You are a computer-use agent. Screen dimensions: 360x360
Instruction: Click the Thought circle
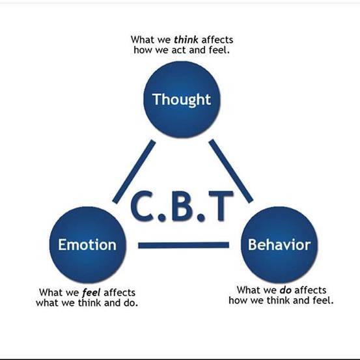(x=182, y=100)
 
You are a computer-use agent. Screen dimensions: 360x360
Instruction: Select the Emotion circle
(x=88, y=245)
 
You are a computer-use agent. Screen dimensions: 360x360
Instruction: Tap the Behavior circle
(x=279, y=245)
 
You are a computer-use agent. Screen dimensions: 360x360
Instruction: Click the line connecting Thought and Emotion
(x=134, y=171)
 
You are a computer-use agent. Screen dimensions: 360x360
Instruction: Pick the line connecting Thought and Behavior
(x=231, y=171)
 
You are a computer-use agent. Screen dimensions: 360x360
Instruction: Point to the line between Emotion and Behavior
(x=184, y=245)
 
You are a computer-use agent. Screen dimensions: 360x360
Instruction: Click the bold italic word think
(x=186, y=40)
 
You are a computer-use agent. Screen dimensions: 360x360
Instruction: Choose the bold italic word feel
(x=91, y=292)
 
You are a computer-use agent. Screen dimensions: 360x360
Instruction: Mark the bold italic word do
(x=286, y=290)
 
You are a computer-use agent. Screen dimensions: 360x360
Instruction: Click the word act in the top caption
(x=179, y=50)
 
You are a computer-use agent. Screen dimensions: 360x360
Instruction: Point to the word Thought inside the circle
(x=182, y=100)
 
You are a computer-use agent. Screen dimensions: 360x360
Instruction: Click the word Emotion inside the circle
(x=87, y=245)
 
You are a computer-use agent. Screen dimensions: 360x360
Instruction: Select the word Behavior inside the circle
(x=279, y=245)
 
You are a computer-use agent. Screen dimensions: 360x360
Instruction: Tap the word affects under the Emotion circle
(x=119, y=292)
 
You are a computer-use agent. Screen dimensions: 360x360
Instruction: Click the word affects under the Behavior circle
(x=310, y=290)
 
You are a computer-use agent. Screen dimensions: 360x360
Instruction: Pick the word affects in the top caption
(x=217, y=40)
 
